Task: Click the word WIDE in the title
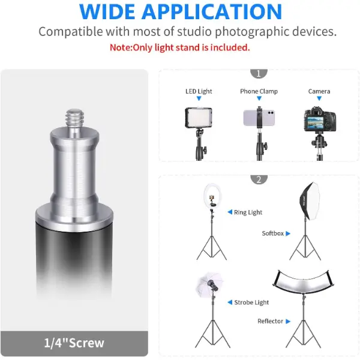(x=107, y=12)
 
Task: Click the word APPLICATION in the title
(x=211, y=12)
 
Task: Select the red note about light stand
(x=180, y=47)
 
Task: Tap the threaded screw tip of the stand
(x=74, y=118)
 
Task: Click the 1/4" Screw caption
(x=74, y=343)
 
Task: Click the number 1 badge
(x=259, y=73)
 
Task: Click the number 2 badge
(x=259, y=179)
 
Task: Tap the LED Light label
(x=199, y=91)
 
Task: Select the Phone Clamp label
(x=259, y=91)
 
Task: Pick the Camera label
(x=319, y=91)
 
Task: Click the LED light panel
(x=199, y=118)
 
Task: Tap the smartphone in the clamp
(x=259, y=118)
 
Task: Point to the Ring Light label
(x=248, y=212)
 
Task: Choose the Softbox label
(x=273, y=233)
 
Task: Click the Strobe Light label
(x=251, y=302)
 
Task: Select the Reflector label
(x=270, y=321)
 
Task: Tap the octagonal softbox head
(x=310, y=201)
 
